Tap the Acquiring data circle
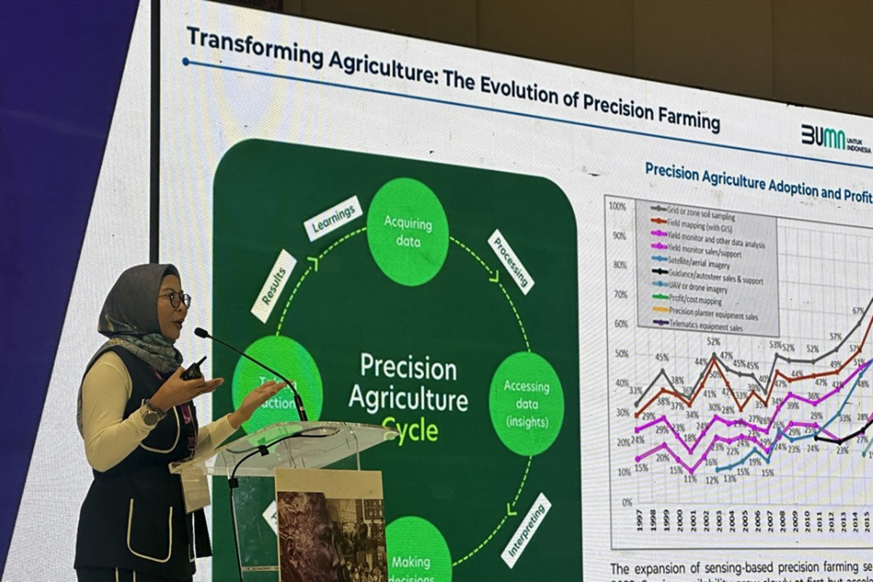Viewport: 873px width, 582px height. [x=407, y=231]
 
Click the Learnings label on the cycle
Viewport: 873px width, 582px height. [x=332, y=218]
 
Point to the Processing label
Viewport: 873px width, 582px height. [x=510, y=261]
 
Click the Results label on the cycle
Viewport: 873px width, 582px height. [x=274, y=286]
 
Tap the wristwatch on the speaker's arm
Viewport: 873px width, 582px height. [x=152, y=412]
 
